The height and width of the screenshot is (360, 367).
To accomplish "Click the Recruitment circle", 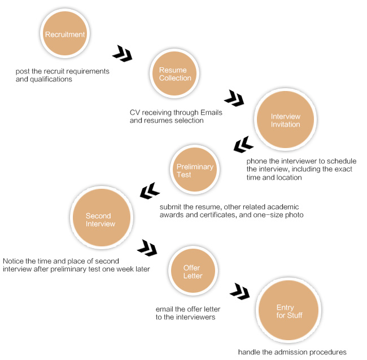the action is coord(65,33).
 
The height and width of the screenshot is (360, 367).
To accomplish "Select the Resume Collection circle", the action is coord(174,73).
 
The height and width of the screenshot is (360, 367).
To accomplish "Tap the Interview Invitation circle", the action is coord(285,119).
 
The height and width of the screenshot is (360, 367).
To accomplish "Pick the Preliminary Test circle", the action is coord(195,170).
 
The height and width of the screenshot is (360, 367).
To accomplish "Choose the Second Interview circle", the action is coord(102,218).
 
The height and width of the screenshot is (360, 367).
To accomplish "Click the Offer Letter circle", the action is coord(193,271).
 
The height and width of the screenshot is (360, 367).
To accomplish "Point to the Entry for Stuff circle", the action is coord(289,310).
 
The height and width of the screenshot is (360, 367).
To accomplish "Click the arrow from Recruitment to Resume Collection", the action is coord(123,54).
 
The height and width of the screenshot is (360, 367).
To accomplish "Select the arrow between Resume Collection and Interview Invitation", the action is coord(234,98).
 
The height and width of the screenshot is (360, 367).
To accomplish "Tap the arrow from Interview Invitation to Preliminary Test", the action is coord(243,145).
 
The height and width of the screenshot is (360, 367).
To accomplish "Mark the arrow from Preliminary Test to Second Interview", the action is coord(150,191).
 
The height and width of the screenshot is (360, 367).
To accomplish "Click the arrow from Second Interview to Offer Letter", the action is coord(147,248).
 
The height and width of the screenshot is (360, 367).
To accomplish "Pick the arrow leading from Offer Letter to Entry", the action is coord(239,292).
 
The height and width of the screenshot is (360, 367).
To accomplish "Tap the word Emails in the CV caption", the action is coord(211,112).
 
